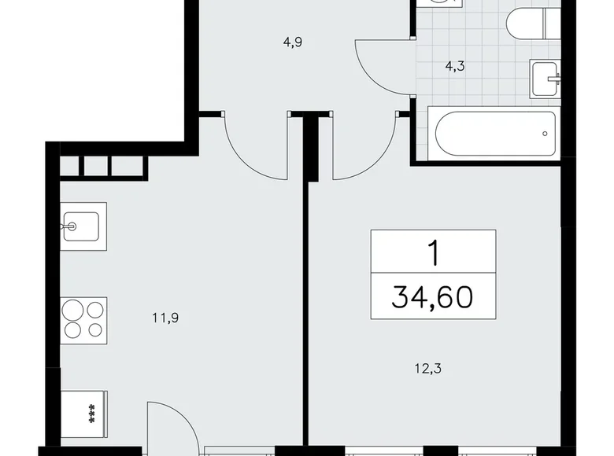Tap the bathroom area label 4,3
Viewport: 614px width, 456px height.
(x=455, y=66)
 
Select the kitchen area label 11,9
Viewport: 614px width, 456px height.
(x=163, y=318)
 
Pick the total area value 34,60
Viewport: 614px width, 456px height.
(x=432, y=298)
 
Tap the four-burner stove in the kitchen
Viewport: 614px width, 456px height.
(x=83, y=318)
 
